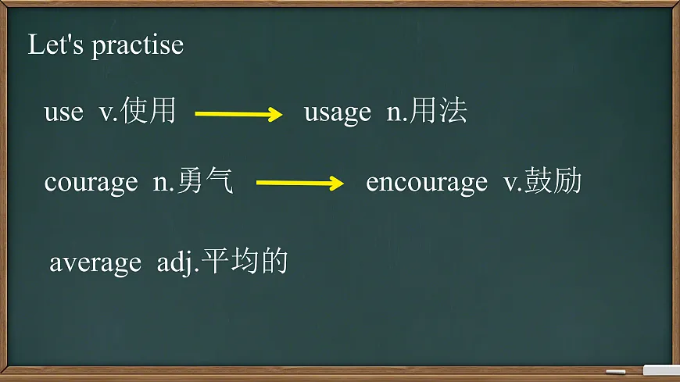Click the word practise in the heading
pyautogui.click(x=137, y=46)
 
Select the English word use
pyautogui.click(x=63, y=113)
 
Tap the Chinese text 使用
pyautogui.click(x=149, y=112)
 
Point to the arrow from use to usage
pyautogui.click(x=238, y=114)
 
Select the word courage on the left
pyautogui.click(x=91, y=183)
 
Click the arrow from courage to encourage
pyautogui.click(x=300, y=184)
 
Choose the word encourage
pyautogui.click(x=426, y=183)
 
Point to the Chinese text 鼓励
pyautogui.click(x=553, y=182)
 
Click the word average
pyautogui.click(x=95, y=263)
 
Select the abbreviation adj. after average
pyautogui.click(x=178, y=263)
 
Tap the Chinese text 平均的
pyautogui.click(x=245, y=262)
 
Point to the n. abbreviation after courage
pyautogui.click(x=162, y=184)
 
